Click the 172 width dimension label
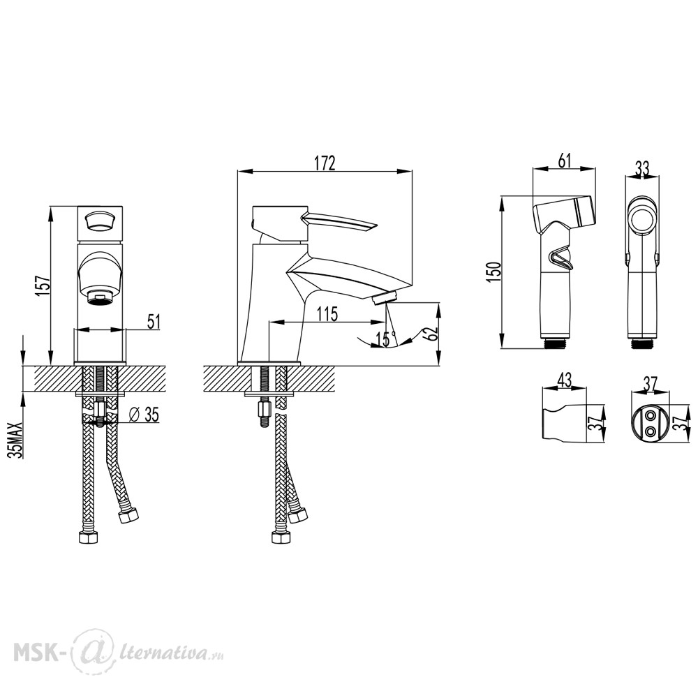[x=325, y=163]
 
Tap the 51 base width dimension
[x=153, y=321]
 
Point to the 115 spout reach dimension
[x=327, y=314]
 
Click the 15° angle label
[x=386, y=339]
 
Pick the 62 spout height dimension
[x=432, y=334]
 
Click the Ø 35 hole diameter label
[x=143, y=415]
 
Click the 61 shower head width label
[x=564, y=160]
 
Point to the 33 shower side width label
[x=642, y=169]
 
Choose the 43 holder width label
[x=564, y=380]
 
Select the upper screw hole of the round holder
[x=651, y=416]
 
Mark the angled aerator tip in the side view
[x=385, y=297]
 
